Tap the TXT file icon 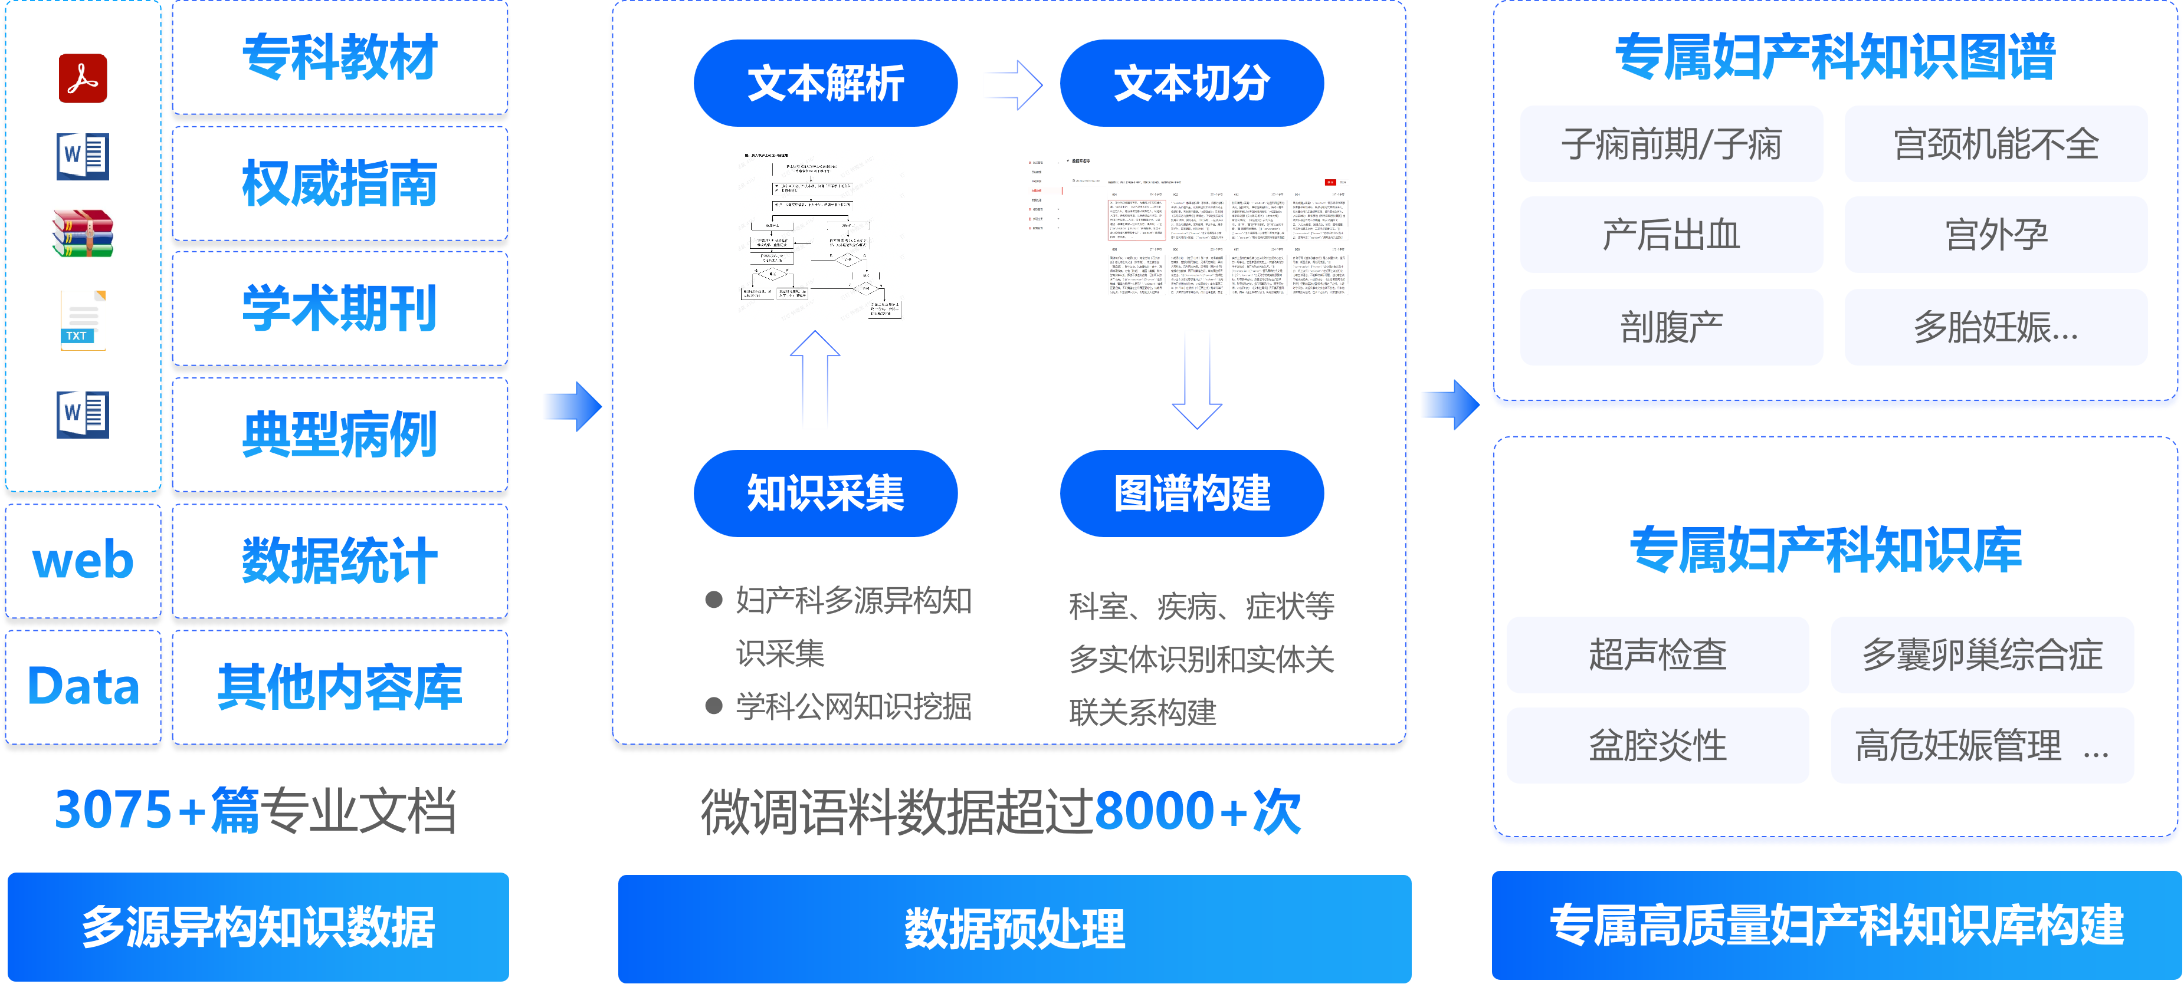click(82, 320)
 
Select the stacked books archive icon click(82, 233)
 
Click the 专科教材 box click(340, 58)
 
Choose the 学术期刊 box click(340, 308)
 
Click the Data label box click(83, 686)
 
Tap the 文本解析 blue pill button click(825, 83)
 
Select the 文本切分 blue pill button click(1191, 83)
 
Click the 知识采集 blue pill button click(825, 493)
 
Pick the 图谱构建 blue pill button click(1191, 493)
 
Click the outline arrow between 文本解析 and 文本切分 click(1015, 85)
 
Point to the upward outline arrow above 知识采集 click(815, 377)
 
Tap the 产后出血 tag click(1671, 235)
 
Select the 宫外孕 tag click(1996, 235)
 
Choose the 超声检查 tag click(1658, 654)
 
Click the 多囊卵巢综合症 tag click(1982, 654)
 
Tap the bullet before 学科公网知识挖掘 click(714, 706)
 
